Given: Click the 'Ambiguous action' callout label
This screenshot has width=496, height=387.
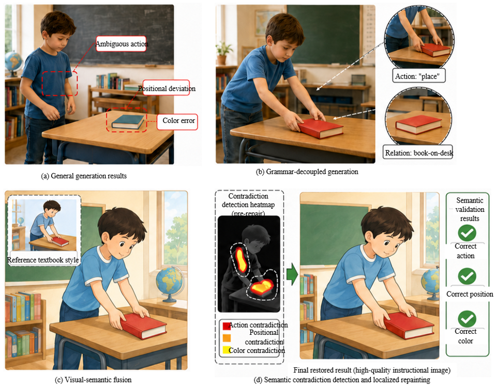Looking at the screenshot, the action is pos(121,44).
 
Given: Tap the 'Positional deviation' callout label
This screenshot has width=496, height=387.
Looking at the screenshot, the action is pos(167,88).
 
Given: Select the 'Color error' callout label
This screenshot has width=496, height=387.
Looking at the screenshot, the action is pos(177,121).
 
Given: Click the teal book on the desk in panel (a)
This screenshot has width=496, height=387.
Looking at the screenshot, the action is pos(128,121).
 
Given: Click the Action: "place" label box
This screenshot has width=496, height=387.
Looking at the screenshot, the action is pos(419,76).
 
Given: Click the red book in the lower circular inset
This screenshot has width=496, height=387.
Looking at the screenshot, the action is pos(418,125).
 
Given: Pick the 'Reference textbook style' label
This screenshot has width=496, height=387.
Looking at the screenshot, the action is pos(43,260).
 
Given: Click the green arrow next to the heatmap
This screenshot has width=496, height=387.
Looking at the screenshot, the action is pos(292,274).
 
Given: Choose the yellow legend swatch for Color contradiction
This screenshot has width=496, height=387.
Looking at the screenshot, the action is pos(227,350).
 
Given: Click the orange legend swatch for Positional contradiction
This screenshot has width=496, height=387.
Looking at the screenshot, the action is pos(227,338).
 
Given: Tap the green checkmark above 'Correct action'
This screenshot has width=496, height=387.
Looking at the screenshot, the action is pos(467,233).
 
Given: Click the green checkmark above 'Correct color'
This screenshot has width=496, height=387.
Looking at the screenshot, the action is pos(467,319).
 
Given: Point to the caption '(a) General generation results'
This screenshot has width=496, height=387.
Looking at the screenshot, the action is pos(84,176).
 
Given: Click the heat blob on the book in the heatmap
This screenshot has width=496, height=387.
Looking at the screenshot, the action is pos(262,287).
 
